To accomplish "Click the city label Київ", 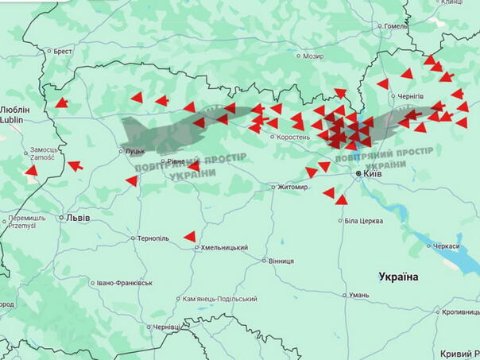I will click(x=373, y=173).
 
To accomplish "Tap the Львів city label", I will click(x=77, y=218).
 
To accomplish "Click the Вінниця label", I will click(x=281, y=261).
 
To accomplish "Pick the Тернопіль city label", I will click(x=153, y=238).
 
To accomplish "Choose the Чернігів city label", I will click(x=411, y=95).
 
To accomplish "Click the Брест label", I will click(x=62, y=52).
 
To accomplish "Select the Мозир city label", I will click(x=313, y=56).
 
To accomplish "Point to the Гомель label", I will click(x=395, y=26).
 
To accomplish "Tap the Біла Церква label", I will click(x=364, y=220).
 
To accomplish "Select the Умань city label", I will click(x=358, y=295).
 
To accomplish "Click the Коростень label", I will click(x=293, y=137).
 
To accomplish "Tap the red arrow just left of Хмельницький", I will click(x=190, y=236).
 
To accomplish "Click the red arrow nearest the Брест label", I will click(x=61, y=103).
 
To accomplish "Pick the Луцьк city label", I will click(x=135, y=151).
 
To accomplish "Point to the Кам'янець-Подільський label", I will click(x=219, y=299).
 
